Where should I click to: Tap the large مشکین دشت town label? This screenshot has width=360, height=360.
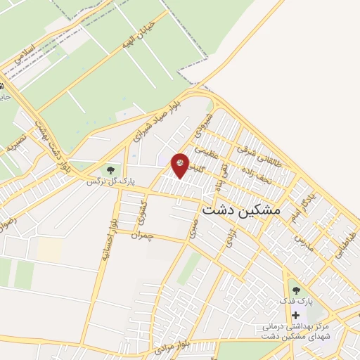(240, 210)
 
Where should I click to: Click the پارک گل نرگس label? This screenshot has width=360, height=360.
(110, 181)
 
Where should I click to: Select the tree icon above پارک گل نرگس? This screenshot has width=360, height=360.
(110, 169)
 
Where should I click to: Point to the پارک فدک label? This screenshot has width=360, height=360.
(295, 301)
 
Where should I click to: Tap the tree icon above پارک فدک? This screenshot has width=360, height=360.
(295, 289)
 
